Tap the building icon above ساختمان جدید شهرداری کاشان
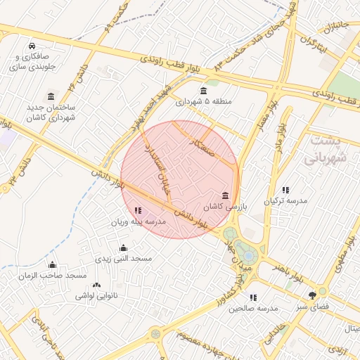click(50, 96)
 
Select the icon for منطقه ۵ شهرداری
click(203, 91)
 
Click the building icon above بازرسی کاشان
click(225, 195)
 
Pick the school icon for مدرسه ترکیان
click(285, 190)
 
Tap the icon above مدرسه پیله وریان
click(137, 210)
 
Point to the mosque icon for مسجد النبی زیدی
click(124, 247)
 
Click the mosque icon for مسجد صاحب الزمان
click(52, 265)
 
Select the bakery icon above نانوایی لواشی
click(96, 285)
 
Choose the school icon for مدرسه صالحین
click(253, 297)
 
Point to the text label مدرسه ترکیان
click(285, 201)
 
